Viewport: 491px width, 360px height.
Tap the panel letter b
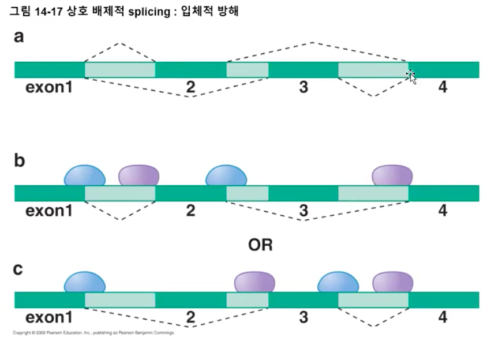[20, 160]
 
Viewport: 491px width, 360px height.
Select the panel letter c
[19, 269]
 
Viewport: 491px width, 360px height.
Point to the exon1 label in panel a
[49, 88]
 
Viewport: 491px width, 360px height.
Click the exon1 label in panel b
[49, 211]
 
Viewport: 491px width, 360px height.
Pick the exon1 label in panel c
[49, 317]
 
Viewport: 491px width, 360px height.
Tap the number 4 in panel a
[443, 88]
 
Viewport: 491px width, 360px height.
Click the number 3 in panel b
[303, 211]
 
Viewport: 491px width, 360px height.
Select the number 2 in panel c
[190, 317]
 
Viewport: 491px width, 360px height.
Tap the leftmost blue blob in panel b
[85, 175]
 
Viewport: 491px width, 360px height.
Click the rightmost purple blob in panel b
[392, 175]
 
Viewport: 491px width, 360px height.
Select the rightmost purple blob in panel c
[392, 283]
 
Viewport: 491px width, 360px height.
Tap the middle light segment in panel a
[247, 70]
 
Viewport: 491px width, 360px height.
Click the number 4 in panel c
[443, 317]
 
